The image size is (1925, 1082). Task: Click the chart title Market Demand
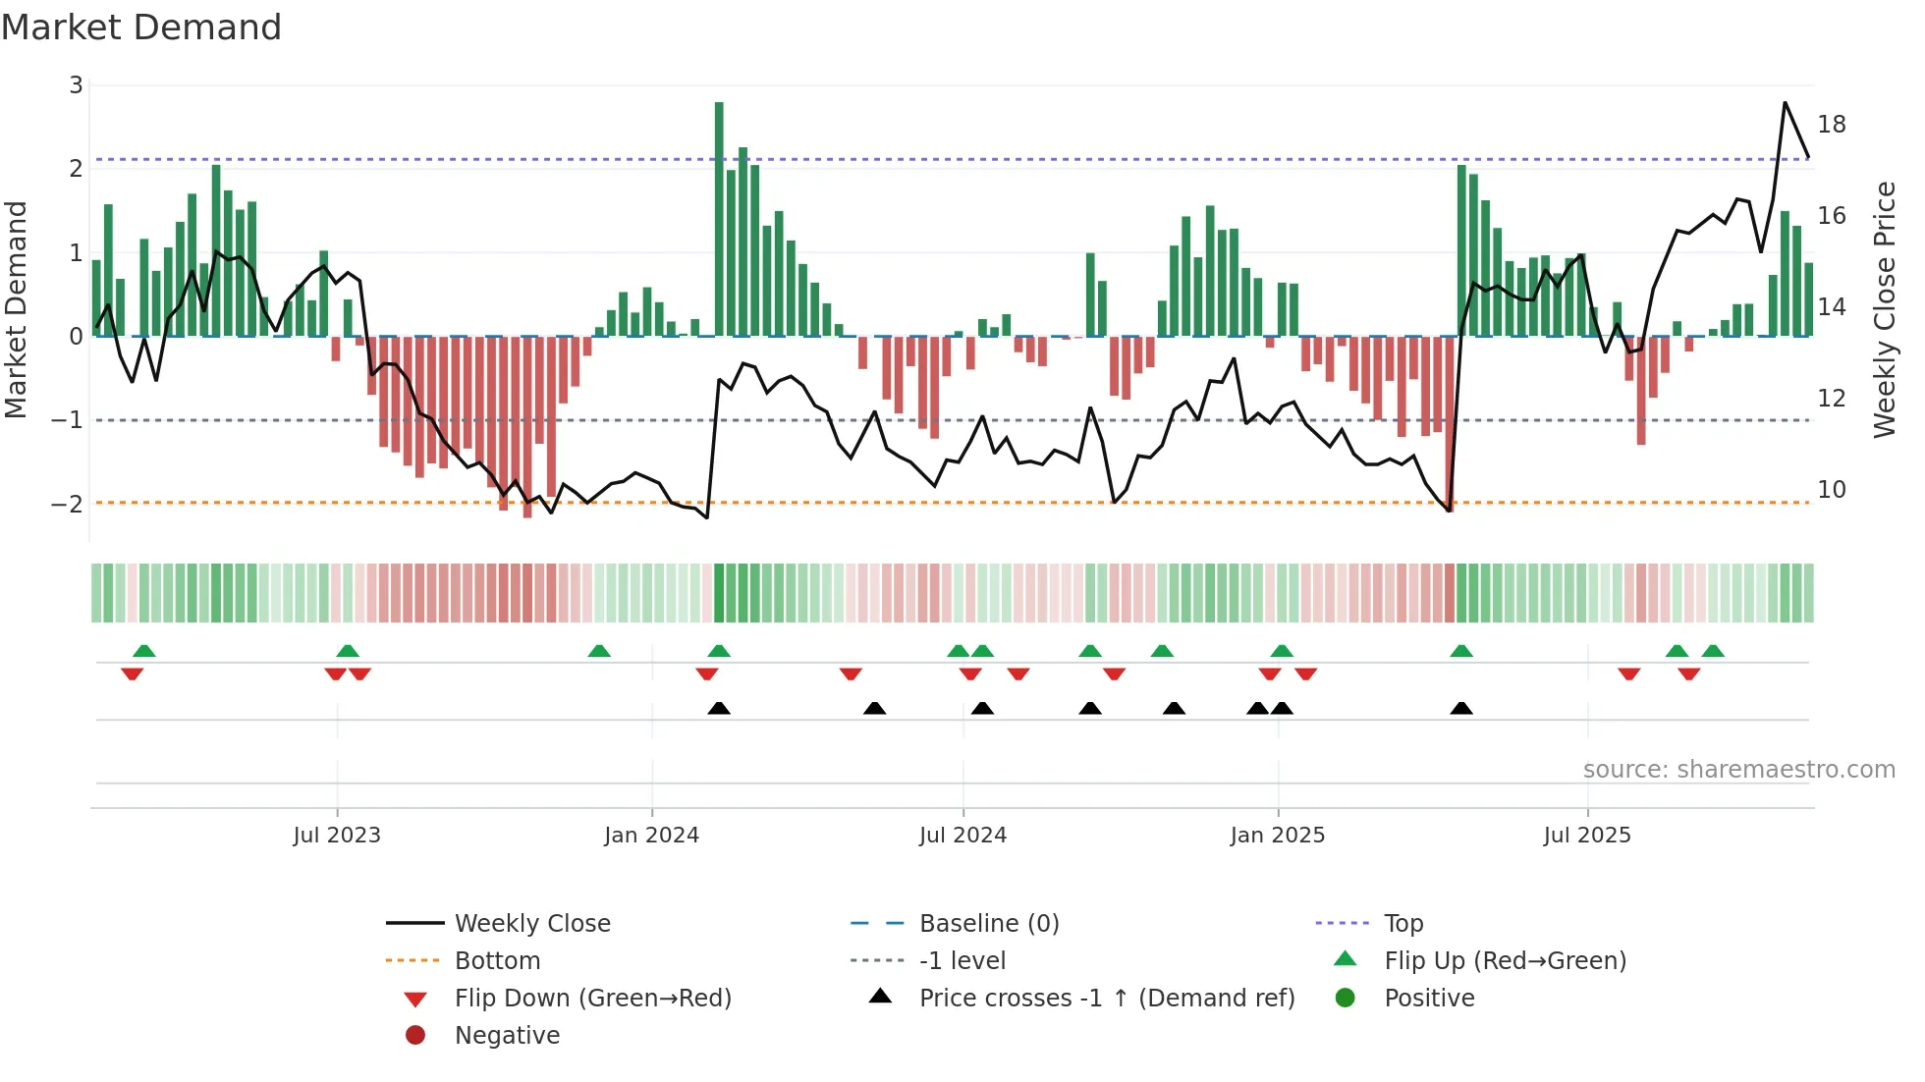tap(141, 27)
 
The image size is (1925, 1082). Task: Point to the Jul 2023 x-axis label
tap(336, 836)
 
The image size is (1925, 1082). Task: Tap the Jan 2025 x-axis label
tap(1277, 836)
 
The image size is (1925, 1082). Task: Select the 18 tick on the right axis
tap(1831, 125)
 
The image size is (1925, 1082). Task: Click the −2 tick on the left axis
tap(67, 505)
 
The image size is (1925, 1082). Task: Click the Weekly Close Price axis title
tap(1884, 309)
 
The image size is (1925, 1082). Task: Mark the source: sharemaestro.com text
tap(1738, 770)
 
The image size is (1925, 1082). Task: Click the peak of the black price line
tap(1785, 103)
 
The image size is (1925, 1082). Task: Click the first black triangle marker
tap(719, 708)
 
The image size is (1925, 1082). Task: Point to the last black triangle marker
tap(1461, 708)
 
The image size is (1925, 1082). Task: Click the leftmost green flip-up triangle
tap(144, 651)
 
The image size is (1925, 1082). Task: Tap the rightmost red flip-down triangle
tap(1689, 674)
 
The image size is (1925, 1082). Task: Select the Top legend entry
tap(1402, 924)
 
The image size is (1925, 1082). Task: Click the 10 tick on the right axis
tap(1831, 490)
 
